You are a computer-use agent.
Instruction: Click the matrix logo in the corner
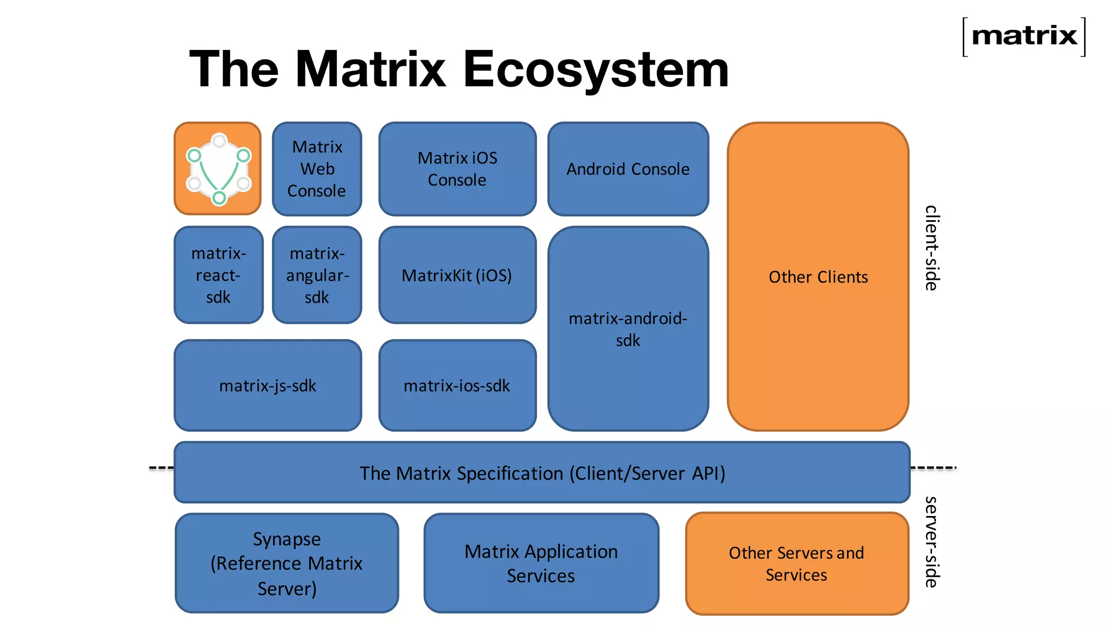click(1024, 36)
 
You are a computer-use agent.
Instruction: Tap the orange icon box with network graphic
click(218, 169)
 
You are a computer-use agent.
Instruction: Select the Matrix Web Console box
click(317, 169)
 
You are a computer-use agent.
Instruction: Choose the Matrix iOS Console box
click(457, 169)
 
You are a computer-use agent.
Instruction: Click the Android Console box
click(628, 169)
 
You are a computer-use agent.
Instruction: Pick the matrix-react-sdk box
click(218, 275)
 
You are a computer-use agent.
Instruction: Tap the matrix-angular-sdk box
click(317, 275)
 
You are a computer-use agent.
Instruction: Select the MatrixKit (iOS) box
click(457, 275)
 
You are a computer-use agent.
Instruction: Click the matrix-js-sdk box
click(267, 386)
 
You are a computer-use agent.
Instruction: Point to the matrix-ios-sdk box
click(457, 386)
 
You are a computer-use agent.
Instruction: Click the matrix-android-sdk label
click(628, 329)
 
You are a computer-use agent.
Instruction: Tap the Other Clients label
click(818, 277)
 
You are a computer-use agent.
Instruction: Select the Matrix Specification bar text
click(542, 473)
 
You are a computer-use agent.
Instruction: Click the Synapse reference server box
click(286, 563)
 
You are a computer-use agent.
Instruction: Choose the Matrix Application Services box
click(541, 563)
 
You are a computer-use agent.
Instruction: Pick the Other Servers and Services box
click(796, 563)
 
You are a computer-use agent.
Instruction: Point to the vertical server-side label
click(931, 541)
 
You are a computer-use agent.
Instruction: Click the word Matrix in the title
click(370, 69)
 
